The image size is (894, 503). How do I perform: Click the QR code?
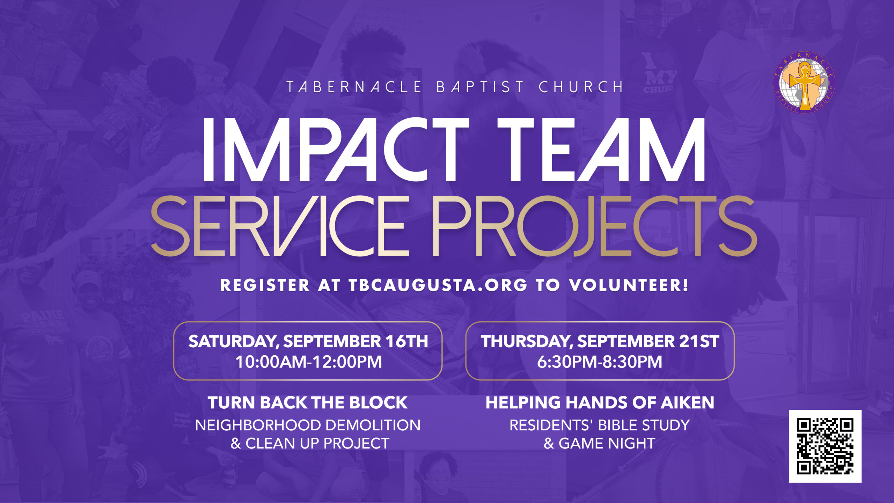click(x=825, y=446)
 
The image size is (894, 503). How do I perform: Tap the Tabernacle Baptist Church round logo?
click(x=804, y=82)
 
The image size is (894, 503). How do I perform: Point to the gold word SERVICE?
click(x=279, y=226)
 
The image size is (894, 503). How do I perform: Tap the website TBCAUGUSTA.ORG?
click(x=438, y=285)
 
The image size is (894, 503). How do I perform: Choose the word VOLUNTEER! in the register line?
click(x=629, y=285)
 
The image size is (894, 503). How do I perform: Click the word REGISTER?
click(x=265, y=285)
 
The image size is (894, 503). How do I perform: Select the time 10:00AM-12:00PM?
click(x=309, y=362)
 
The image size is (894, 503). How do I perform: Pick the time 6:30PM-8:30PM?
click(x=600, y=362)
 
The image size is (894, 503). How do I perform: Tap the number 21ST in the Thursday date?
click(x=699, y=341)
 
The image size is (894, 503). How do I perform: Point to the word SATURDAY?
click(x=233, y=342)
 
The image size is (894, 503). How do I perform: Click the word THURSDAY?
click(x=527, y=342)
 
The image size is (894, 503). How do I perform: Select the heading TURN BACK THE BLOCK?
click(x=308, y=402)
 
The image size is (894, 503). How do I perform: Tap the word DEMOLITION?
click(x=368, y=425)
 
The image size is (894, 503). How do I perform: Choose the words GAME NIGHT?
click(x=607, y=443)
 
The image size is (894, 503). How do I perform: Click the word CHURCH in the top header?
click(x=581, y=87)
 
